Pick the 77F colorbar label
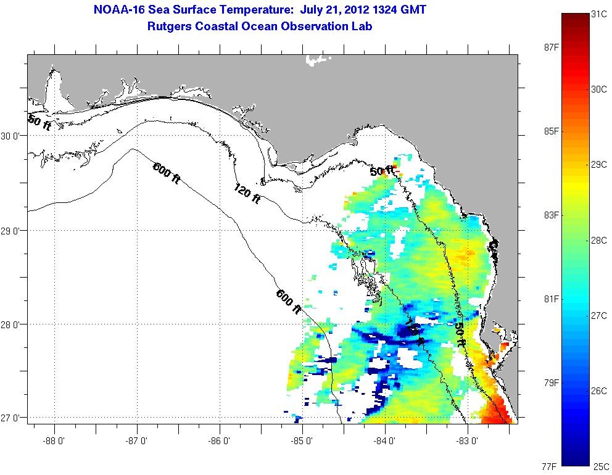tap(548, 467)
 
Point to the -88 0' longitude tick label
tap(54, 441)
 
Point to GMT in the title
tap(413, 10)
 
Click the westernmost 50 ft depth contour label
tap(39, 122)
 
